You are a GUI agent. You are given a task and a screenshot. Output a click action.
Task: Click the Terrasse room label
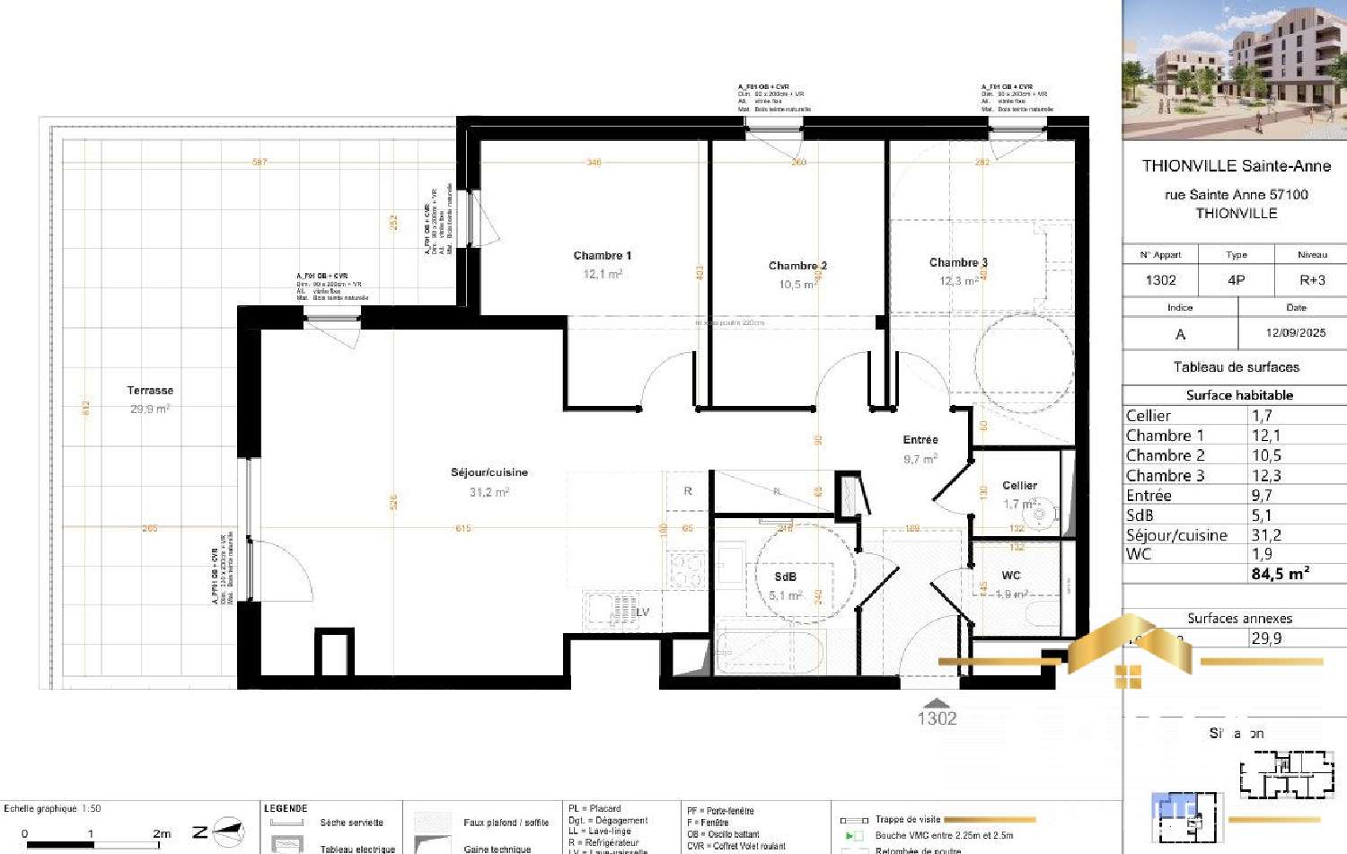150,391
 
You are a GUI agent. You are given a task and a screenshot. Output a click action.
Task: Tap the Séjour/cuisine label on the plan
489,472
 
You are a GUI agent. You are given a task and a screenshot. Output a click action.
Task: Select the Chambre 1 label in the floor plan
603,256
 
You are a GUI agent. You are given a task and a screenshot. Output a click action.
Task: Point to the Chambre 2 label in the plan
797,266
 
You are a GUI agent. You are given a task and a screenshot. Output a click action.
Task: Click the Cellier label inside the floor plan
1019,485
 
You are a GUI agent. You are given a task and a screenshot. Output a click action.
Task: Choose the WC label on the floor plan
1011,576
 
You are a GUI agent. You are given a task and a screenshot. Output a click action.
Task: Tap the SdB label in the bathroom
785,577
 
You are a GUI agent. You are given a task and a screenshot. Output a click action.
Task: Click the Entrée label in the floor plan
920,440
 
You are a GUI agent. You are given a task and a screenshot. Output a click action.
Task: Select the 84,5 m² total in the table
1280,574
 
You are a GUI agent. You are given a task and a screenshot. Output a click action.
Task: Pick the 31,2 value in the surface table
1266,535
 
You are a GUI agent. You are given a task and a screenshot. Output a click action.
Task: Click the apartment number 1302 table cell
1160,280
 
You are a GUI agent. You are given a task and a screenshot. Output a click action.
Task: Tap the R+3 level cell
1312,280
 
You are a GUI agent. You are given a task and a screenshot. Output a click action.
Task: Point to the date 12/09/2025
1295,333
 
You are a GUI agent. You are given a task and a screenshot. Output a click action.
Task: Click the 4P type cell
1236,280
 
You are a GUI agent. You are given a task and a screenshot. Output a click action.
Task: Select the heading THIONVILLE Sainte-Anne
1236,166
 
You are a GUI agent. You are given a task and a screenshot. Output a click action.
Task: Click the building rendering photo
1235,70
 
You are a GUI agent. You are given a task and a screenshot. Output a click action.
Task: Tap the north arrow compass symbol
228,832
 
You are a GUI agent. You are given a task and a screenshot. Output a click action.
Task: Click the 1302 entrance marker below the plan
937,718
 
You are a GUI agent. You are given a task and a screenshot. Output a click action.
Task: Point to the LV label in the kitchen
642,612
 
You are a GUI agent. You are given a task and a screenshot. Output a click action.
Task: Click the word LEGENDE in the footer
286,808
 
